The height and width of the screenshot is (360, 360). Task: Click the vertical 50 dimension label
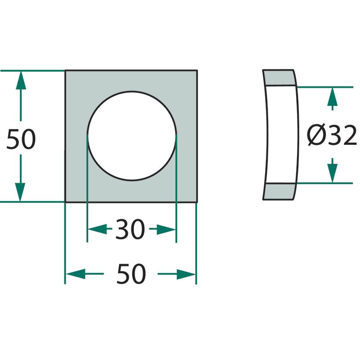coord(21,139)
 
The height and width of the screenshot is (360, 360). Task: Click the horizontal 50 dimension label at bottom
coord(131,274)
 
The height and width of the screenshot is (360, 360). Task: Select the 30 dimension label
coord(130,229)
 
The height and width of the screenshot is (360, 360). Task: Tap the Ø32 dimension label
coord(332,135)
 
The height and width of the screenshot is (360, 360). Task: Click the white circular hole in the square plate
coord(132,136)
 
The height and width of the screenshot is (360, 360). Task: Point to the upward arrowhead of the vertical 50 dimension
coord(21,80)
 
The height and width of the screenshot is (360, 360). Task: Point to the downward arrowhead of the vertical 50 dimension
coord(20,192)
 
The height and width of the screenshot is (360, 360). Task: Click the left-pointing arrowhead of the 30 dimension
coord(98,229)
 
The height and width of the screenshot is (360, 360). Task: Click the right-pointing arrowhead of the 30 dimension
coord(166,229)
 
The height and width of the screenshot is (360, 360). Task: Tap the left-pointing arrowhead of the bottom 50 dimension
coord(76,274)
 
